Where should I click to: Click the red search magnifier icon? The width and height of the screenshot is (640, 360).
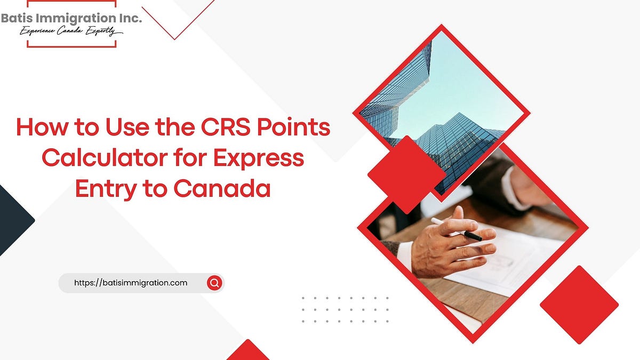[214, 283]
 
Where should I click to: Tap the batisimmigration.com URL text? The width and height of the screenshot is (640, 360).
[130, 283]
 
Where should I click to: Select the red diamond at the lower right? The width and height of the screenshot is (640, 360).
[579, 305]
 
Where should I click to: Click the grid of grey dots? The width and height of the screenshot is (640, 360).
[345, 310]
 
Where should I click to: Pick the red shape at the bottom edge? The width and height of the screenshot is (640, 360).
[247, 352]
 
